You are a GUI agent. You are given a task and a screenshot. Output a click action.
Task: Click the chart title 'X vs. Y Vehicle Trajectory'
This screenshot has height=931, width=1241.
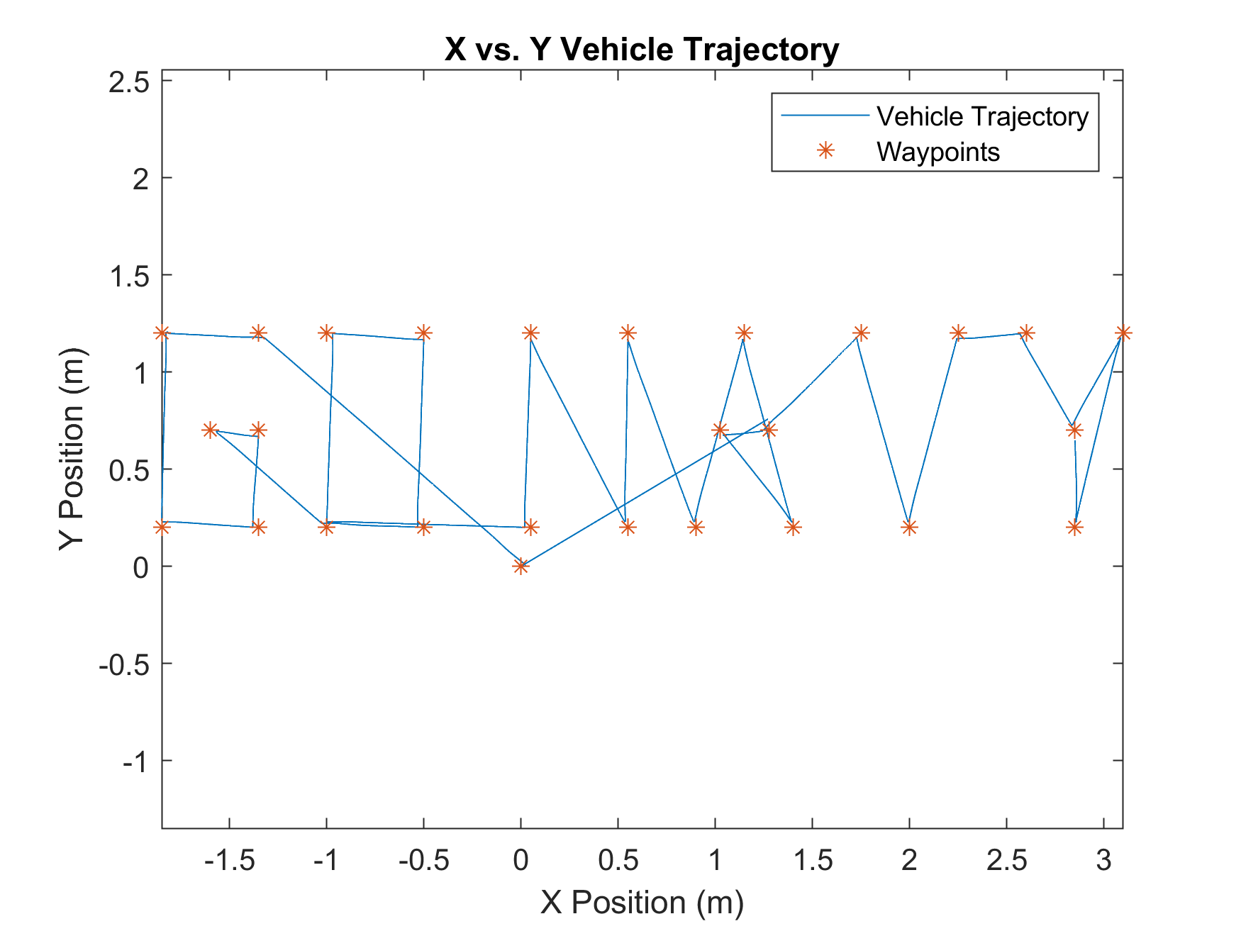pos(642,50)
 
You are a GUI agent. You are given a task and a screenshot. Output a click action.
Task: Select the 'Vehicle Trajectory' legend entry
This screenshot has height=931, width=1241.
pos(982,117)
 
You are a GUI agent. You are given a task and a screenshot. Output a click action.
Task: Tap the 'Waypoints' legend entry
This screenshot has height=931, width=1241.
pos(937,152)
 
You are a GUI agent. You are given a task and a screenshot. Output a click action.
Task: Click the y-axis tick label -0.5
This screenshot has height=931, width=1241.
pos(124,665)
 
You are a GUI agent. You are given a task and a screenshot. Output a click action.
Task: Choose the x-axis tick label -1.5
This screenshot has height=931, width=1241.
pos(229,861)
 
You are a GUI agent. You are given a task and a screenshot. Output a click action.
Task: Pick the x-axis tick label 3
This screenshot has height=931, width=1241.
pos(1103,861)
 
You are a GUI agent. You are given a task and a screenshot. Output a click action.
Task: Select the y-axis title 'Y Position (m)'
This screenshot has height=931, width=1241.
pos(72,449)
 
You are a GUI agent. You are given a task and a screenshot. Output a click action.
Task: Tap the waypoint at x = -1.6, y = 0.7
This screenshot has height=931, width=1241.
pos(210,430)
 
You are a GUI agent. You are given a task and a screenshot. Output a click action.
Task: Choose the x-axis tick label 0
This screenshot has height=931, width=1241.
pos(521,861)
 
